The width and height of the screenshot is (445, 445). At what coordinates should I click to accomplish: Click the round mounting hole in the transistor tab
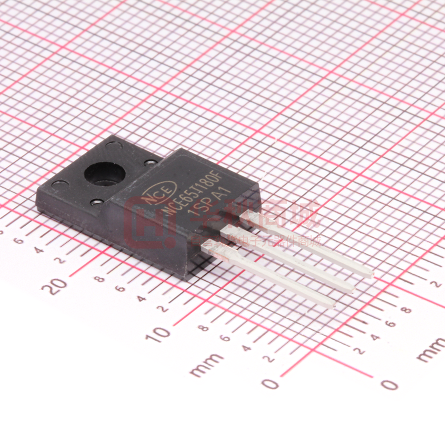[x=104, y=174]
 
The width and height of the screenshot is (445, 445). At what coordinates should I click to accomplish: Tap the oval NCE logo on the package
[x=159, y=191]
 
